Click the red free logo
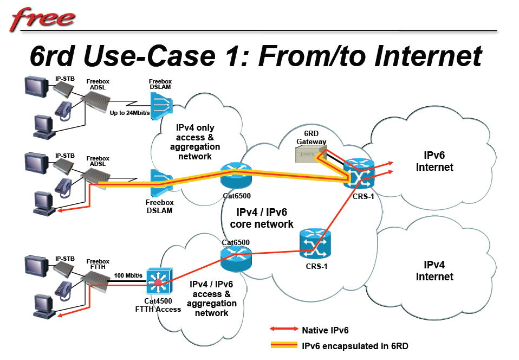click(44, 18)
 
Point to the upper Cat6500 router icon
click(236, 176)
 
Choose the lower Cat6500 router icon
click(236, 258)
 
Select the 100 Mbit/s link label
click(128, 275)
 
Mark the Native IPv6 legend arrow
click(284, 329)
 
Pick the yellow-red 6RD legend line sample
click(284, 345)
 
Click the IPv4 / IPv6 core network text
click(262, 218)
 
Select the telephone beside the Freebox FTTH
click(64, 285)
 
